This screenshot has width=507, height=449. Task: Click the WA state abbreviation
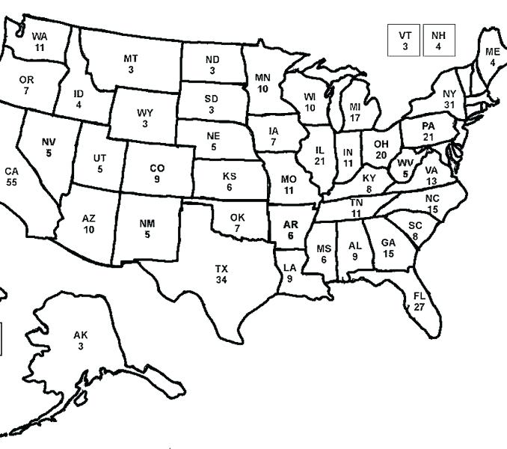(39, 36)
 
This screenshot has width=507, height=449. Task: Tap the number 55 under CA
(11, 182)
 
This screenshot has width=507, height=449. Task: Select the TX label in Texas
(221, 269)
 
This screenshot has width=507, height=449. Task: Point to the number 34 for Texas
(221, 279)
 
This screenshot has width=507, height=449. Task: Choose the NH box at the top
(439, 40)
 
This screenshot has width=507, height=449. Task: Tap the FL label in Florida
(419, 296)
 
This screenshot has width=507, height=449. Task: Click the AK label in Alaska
(80, 336)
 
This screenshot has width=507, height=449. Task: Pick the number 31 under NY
(449, 104)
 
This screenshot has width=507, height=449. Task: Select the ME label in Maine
(492, 52)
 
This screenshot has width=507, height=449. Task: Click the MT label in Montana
(131, 58)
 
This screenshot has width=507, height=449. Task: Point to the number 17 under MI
(355, 117)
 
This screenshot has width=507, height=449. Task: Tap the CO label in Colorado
(157, 168)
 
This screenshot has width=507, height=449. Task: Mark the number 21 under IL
(320, 161)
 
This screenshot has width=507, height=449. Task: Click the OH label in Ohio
(381, 144)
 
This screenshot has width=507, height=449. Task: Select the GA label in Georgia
(388, 242)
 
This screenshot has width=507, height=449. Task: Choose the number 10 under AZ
(89, 229)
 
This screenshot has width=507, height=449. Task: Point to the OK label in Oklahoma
(237, 217)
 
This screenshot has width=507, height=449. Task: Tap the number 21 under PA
(428, 138)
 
